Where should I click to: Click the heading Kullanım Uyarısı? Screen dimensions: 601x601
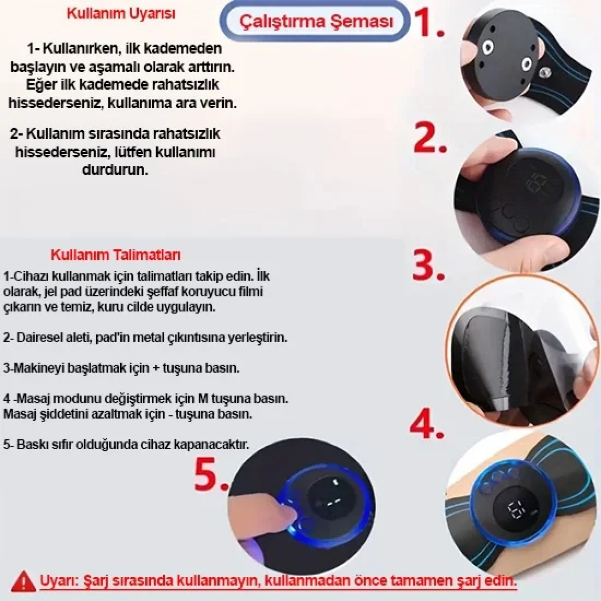point(121,14)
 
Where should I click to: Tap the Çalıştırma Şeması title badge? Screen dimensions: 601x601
point(316,22)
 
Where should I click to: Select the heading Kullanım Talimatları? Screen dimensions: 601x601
point(115,254)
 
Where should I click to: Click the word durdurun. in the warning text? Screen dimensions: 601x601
point(115,169)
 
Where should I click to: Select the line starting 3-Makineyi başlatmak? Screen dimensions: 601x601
point(121,368)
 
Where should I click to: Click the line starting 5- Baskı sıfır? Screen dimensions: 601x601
point(126,444)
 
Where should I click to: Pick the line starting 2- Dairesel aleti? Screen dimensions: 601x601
point(145,337)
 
